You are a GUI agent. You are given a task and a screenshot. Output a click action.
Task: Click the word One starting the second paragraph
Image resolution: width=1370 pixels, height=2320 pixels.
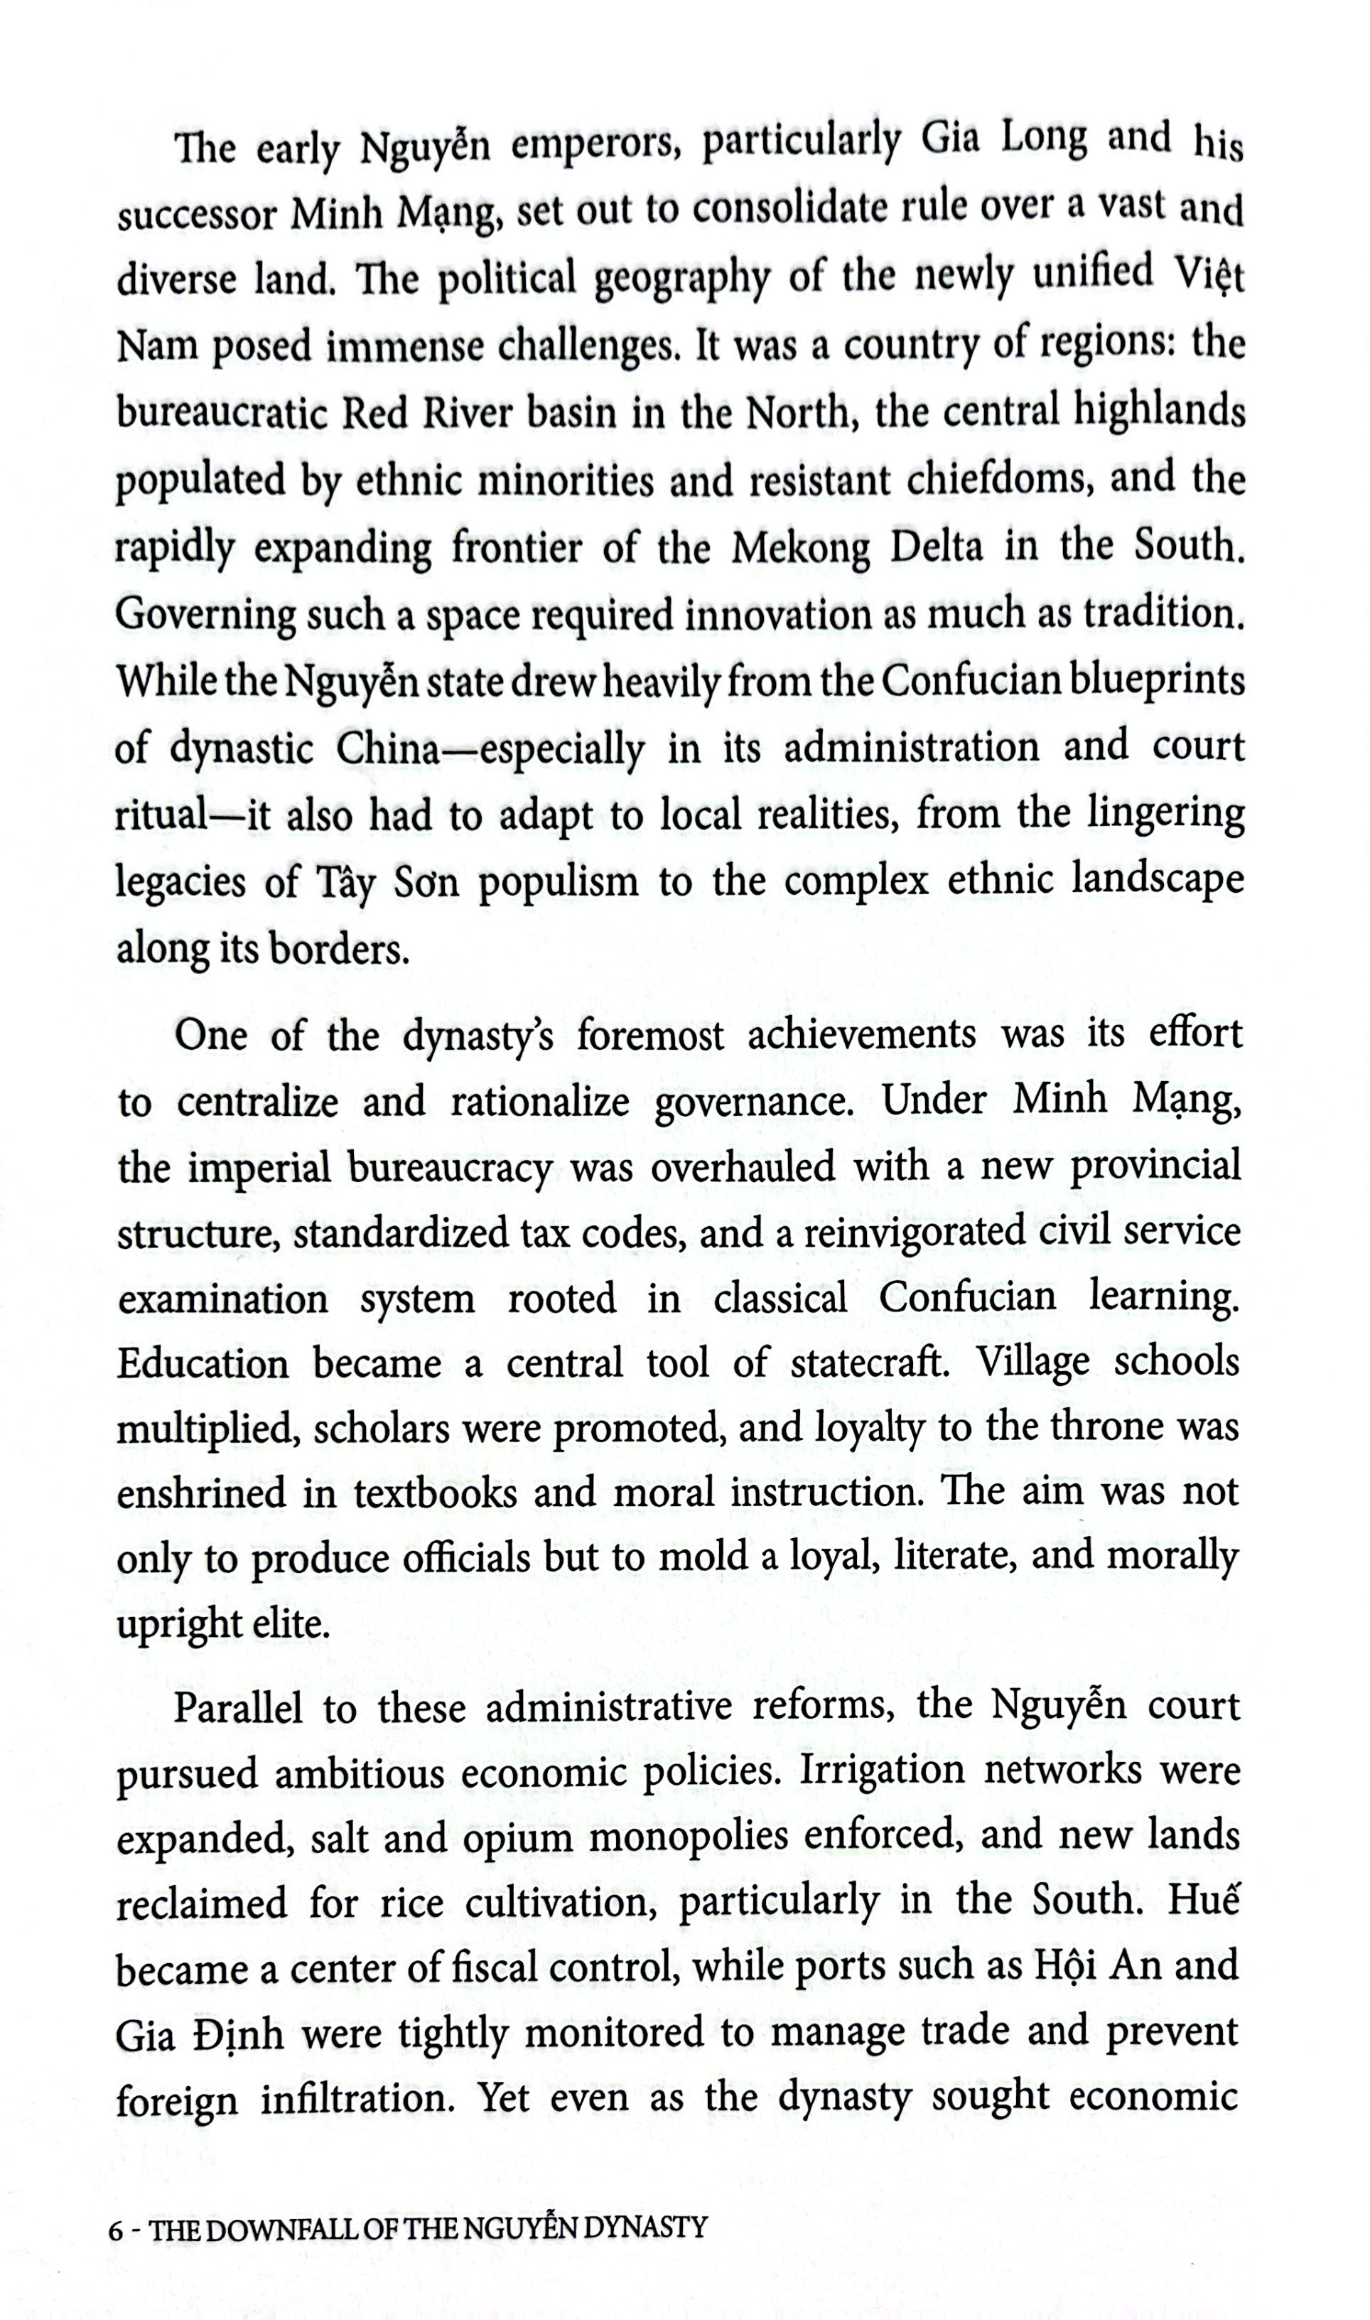pyautogui.click(x=210, y=1036)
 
